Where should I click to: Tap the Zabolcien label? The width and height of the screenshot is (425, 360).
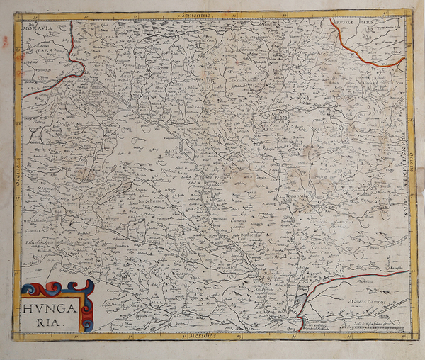(x=277, y=120)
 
